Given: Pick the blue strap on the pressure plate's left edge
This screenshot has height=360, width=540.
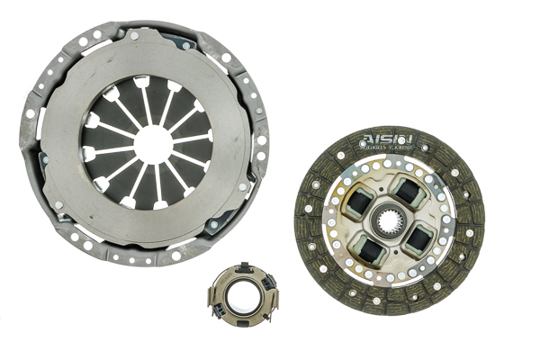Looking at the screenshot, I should [42, 162].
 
